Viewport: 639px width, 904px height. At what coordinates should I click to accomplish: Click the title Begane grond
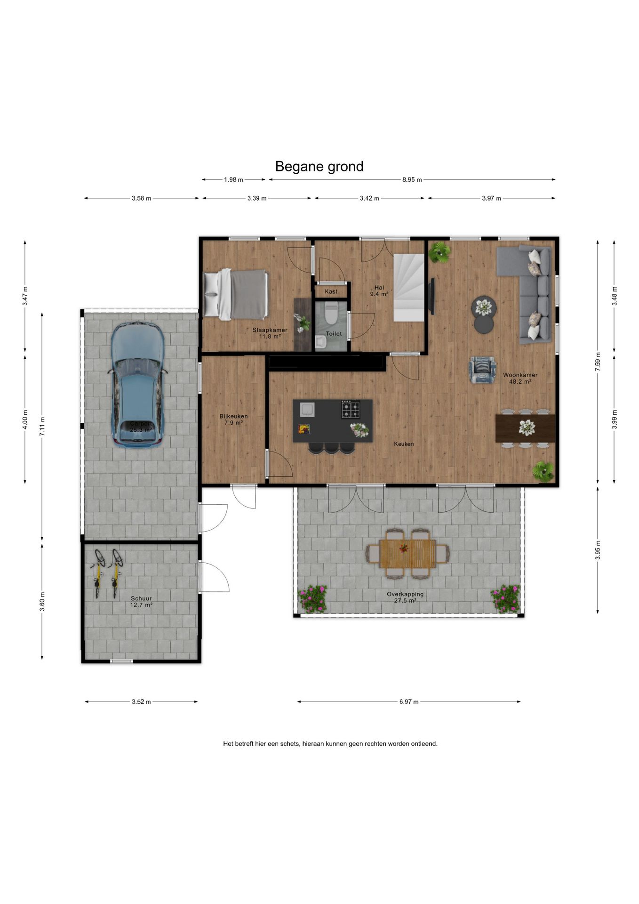click(x=319, y=166)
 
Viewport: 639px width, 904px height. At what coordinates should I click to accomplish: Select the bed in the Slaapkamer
click(x=236, y=294)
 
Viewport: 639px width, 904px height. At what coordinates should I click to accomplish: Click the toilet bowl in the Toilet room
click(x=331, y=313)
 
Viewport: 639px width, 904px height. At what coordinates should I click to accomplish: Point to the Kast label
click(x=331, y=291)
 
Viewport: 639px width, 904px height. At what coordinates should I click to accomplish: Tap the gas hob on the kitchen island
click(x=351, y=409)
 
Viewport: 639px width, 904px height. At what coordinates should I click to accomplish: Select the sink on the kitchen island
click(x=307, y=410)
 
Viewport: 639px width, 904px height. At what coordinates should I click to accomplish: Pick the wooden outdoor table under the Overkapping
click(x=408, y=553)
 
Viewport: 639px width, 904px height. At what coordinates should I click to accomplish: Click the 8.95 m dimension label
click(x=412, y=179)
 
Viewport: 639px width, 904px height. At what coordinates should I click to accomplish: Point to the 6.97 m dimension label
click(x=409, y=702)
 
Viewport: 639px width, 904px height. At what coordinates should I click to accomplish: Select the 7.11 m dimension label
click(x=42, y=427)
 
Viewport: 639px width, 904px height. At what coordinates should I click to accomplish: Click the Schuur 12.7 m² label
click(x=141, y=602)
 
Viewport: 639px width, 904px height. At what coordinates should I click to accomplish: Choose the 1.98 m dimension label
click(x=234, y=179)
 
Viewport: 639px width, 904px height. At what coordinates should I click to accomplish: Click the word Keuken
click(x=404, y=444)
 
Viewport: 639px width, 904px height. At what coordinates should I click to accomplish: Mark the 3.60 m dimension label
click(x=42, y=602)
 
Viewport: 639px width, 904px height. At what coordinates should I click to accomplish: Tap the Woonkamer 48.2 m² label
click(x=520, y=378)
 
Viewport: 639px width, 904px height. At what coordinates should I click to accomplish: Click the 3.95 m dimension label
click(x=598, y=550)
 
